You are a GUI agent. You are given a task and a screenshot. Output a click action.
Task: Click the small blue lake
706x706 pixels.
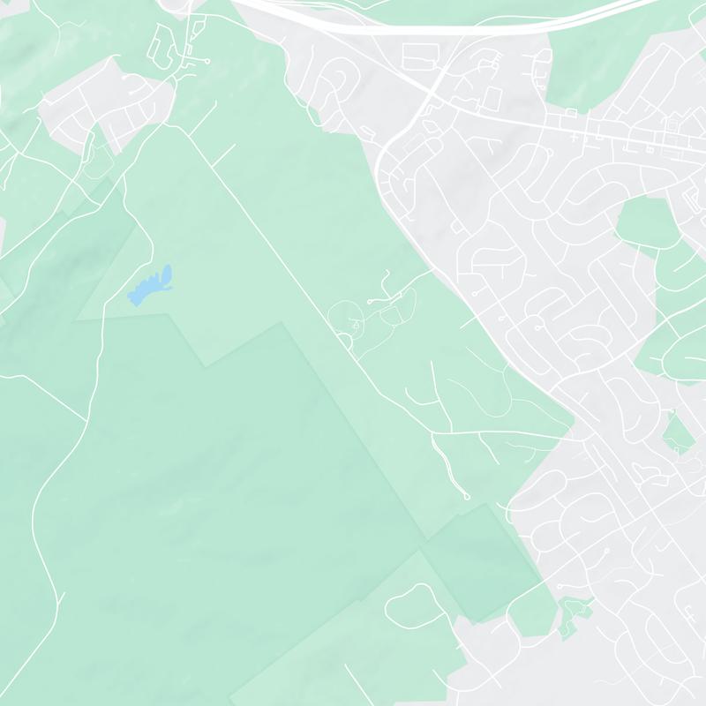click(150, 285)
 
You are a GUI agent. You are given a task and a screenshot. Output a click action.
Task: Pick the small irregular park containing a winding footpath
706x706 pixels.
click(574, 614)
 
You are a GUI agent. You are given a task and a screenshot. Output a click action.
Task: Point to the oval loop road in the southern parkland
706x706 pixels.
click(415, 609)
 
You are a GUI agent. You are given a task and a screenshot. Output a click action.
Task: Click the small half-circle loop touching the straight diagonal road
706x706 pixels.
click(345, 339)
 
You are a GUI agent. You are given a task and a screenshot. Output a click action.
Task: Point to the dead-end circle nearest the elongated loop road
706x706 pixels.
click(207, 61)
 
